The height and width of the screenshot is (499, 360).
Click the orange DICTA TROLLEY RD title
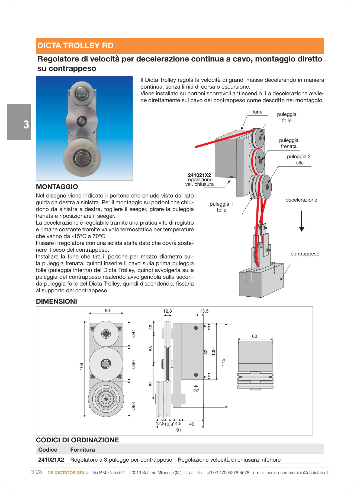(x=75, y=46)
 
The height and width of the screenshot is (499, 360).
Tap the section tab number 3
(x=26, y=125)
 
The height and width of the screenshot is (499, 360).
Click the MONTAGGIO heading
(x=57, y=187)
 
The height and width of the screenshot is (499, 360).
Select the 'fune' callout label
(x=257, y=112)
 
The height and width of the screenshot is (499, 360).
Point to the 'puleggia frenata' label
(x=288, y=143)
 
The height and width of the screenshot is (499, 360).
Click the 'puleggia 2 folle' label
(x=298, y=160)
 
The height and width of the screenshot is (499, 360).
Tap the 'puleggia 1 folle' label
(x=221, y=207)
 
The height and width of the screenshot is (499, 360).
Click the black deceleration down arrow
(x=301, y=221)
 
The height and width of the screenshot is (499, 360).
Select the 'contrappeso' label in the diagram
(x=305, y=254)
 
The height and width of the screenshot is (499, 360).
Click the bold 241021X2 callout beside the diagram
(x=199, y=175)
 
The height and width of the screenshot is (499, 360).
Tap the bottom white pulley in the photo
(x=82, y=157)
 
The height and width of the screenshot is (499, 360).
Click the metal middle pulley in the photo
(x=82, y=121)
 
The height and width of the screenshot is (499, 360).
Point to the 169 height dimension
(x=81, y=367)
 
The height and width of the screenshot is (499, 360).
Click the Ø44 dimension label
(x=133, y=333)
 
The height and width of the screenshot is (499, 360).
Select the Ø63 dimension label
(x=133, y=406)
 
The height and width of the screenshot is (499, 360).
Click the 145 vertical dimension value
(x=223, y=362)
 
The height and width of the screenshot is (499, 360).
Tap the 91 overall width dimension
(x=179, y=430)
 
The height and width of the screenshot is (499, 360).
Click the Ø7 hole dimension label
(x=196, y=391)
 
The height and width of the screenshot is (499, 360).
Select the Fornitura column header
(x=82, y=449)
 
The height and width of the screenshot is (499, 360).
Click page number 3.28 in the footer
(x=37, y=472)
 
